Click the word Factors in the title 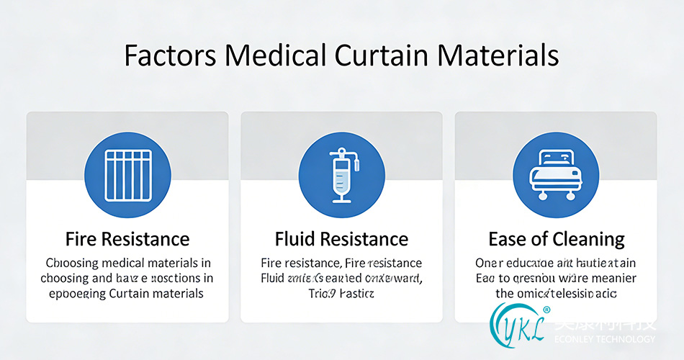coord(163,56)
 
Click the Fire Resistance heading coord(127,239)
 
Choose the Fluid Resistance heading coord(341,239)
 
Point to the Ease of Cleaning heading coord(556,239)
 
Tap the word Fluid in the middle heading coord(295,239)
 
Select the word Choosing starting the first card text coord(75,263)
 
